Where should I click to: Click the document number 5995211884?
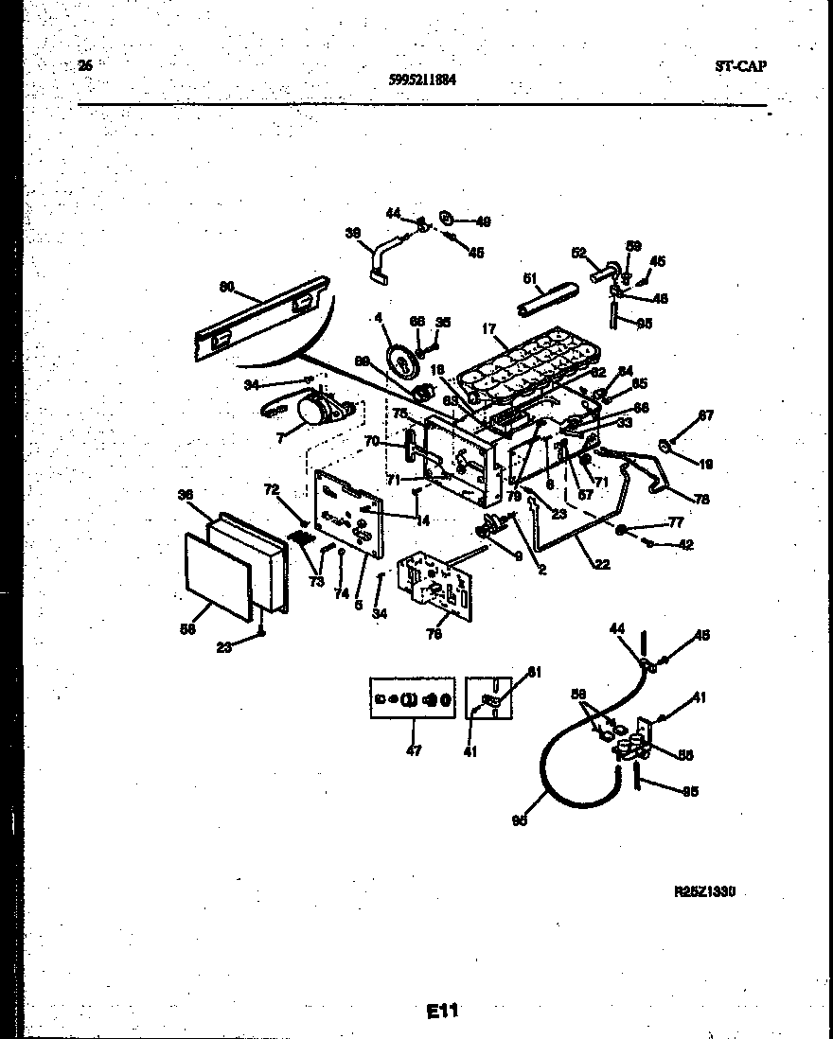point(423,80)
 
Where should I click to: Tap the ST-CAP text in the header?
point(740,66)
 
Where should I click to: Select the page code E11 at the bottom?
point(442,1011)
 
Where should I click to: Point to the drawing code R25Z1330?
point(704,891)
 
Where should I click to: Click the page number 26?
point(85,65)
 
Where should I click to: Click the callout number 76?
point(434,635)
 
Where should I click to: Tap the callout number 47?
point(414,750)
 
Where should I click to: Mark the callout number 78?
point(701,499)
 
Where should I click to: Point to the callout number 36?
point(186,494)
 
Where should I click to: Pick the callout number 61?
point(533,672)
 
